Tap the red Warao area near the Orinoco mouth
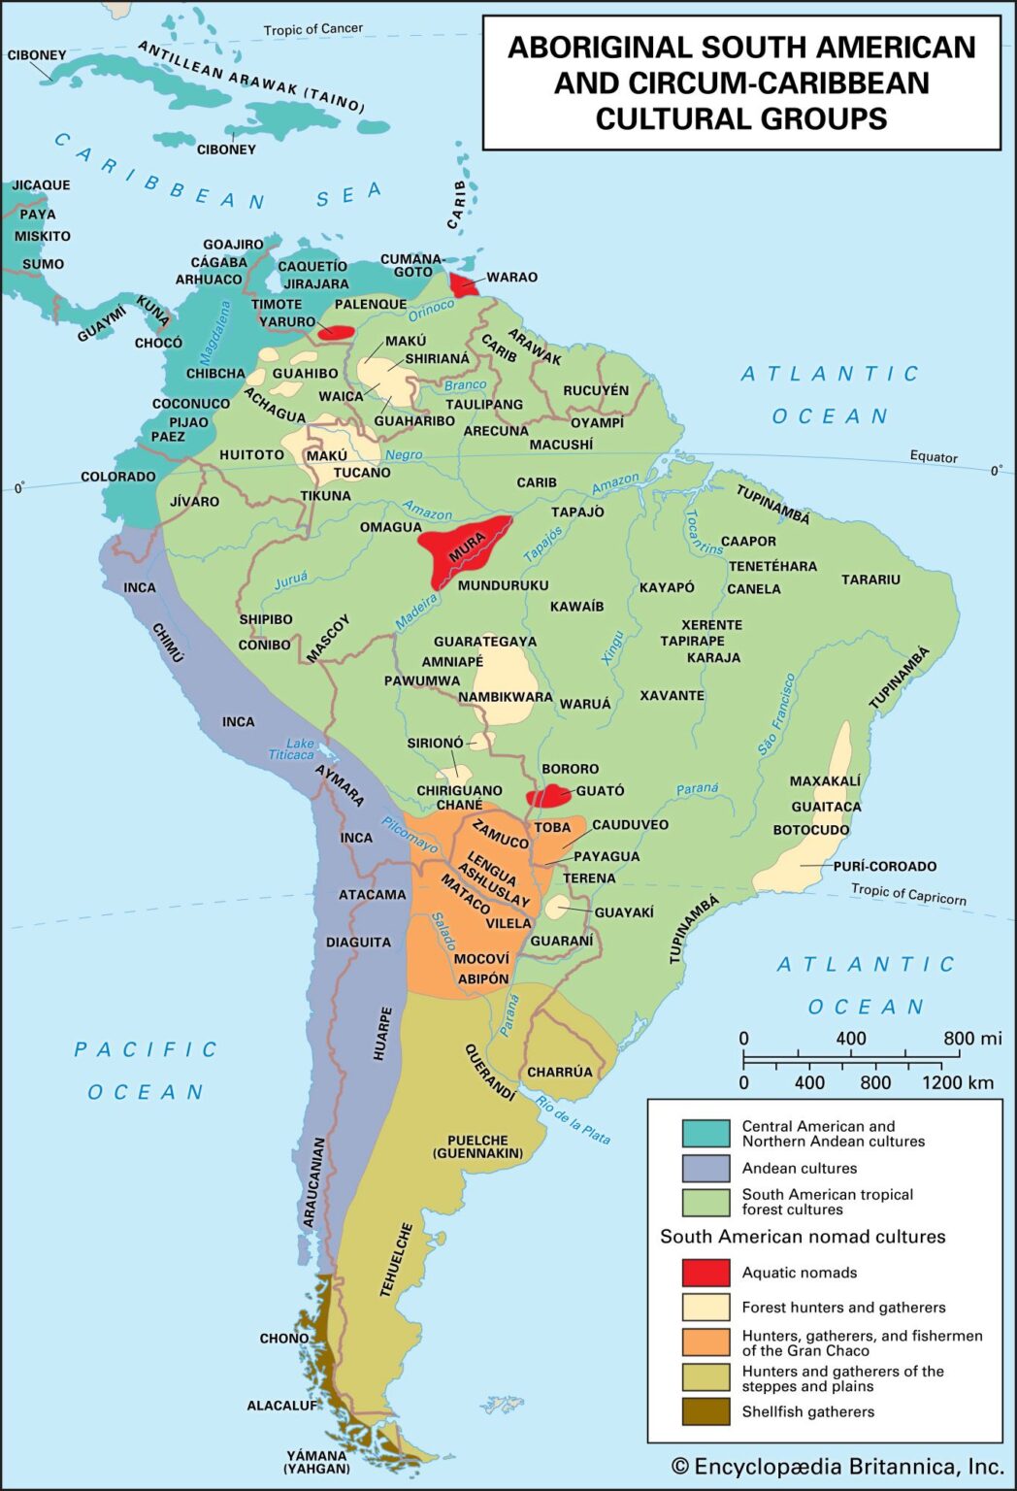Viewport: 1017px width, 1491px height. click(x=463, y=284)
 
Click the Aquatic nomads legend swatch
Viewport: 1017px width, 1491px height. click(x=705, y=1272)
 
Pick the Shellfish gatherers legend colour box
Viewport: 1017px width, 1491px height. click(x=705, y=1411)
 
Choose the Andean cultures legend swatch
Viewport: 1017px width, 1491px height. click(x=705, y=1168)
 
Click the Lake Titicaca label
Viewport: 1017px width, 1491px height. click(x=292, y=748)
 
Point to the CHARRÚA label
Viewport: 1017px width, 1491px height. click(x=560, y=1072)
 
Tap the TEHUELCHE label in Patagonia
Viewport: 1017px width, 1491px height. click(x=396, y=1259)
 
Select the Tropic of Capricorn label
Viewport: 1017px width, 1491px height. click(x=908, y=893)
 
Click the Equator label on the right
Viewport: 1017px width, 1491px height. click(x=934, y=456)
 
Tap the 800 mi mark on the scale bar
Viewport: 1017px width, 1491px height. click(x=971, y=1039)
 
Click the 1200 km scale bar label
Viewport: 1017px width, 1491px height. click(x=957, y=1082)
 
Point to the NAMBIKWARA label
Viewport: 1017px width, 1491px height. click(x=505, y=696)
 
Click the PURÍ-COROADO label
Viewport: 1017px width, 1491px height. click(x=885, y=866)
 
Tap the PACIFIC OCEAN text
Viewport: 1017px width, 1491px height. click(x=146, y=1070)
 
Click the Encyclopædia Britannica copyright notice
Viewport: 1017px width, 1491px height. click(x=837, y=1466)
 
